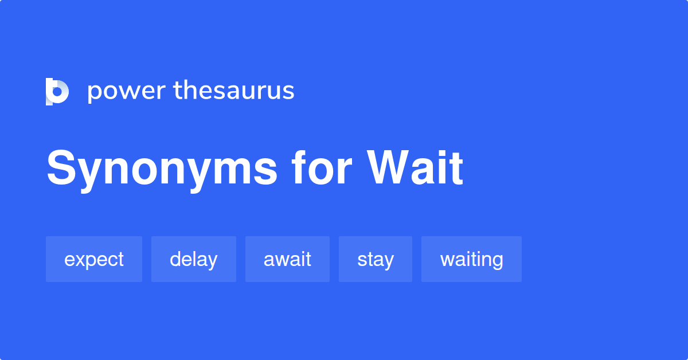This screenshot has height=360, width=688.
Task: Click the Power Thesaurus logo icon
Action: [x=57, y=92]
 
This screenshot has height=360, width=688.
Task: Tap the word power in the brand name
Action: [x=126, y=92]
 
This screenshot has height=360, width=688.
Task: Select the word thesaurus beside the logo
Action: [x=234, y=91]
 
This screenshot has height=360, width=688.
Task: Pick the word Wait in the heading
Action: [x=415, y=169]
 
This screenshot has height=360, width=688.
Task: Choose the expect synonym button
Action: [x=94, y=259]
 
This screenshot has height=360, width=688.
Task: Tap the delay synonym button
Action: [x=194, y=259]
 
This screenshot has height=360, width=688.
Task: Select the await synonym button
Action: [x=287, y=259]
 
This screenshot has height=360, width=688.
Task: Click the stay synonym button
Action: [x=376, y=259]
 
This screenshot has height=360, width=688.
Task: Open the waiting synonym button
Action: [x=471, y=259]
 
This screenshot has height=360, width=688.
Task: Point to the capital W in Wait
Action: [x=390, y=169]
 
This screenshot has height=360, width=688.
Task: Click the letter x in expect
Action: [x=77, y=260]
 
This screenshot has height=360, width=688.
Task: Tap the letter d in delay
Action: [x=175, y=259]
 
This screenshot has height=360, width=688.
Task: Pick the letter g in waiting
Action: [x=497, y=262]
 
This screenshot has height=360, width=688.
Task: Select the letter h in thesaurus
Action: [x=189, y=90]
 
